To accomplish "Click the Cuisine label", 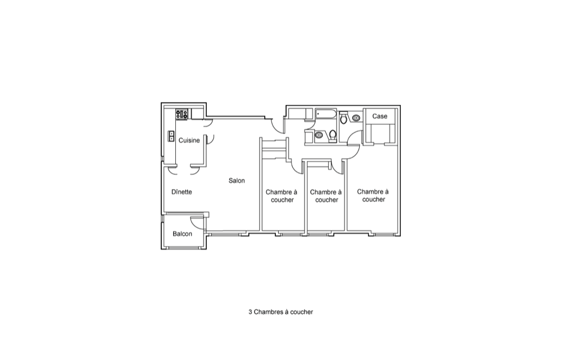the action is tap(189, 140).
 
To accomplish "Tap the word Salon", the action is tap(237, 181).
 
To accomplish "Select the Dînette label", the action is tap(182, 192).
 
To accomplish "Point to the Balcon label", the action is tap(182, 234).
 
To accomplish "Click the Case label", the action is tap(379, 116).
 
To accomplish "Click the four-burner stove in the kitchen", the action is tap(182, 114).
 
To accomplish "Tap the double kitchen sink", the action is tap(171, 136).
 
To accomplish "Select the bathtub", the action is tap(325, 114).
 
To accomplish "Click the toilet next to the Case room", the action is tap(343, 117).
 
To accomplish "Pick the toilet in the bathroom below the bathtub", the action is tap(333, 136).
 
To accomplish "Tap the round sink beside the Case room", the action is tap(356, 118).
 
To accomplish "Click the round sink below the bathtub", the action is tap(319, 135).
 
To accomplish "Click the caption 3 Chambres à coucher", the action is tap(280, 312).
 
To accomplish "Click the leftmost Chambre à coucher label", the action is tap(282, 196).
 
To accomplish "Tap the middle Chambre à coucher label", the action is tap(326, 196).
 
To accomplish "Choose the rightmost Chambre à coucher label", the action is tap(373, 195).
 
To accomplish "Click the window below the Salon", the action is tap(226, 234).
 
